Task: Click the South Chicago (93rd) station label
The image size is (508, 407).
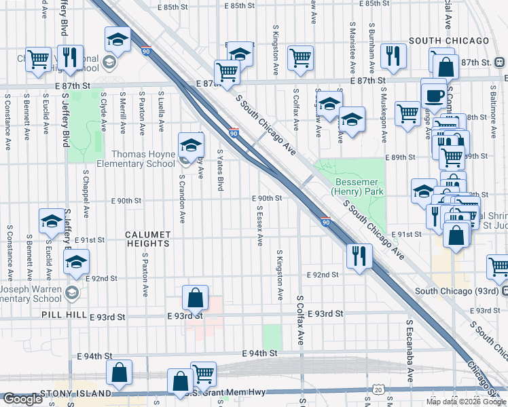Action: click(x=457, y=291)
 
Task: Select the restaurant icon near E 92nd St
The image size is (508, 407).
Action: click(x=358, y=256)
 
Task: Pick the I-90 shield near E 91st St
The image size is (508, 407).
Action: click(x=325, y=222)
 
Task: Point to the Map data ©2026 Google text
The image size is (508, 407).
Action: click(x=466, y=402)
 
